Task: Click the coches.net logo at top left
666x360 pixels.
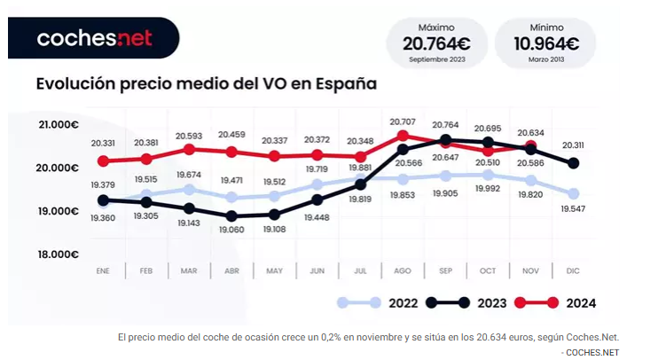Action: (x=94, y=38)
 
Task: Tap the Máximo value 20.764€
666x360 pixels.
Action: (x=436, y=43)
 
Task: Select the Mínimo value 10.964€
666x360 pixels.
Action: (x=546, y=43)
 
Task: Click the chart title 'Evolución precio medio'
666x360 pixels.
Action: (x=206, y=84)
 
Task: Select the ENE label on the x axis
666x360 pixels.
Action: (x=103, y=270)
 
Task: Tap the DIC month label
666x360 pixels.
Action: (x=573, y=270)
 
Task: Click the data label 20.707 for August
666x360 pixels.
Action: (x=403, y=121)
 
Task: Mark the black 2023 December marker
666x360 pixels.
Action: (x=573, y=163)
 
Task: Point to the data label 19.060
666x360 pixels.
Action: (x=231, y=229)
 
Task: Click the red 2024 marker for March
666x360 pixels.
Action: (x=189, y=149)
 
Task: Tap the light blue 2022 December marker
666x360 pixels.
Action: (x=573, y=193)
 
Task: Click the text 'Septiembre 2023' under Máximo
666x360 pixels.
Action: (x=436, y=59)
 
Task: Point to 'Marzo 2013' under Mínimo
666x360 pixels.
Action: (x=546, y=59)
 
